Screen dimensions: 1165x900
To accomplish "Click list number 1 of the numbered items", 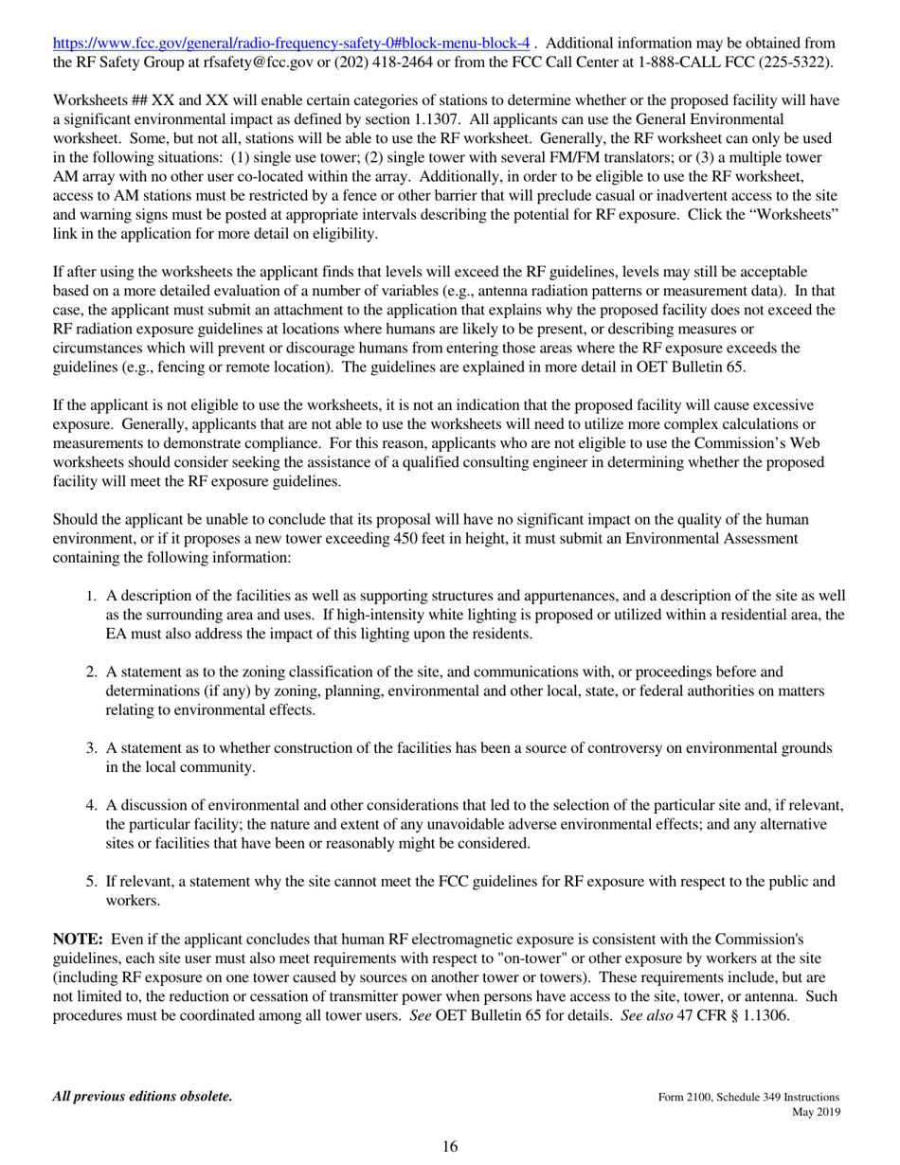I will (x=91, y=597).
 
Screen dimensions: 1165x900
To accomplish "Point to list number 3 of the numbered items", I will (x=91, y=749).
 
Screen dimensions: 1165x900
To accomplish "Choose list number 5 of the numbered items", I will (x=91, y=882).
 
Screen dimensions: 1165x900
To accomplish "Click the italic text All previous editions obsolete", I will (x=142, y=1097).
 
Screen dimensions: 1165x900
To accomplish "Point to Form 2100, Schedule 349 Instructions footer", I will (x=748, y=1097).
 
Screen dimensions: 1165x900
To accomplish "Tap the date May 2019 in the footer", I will (x=815, y=1112).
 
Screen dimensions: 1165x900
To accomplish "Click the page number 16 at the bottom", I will (x=450, y=1147).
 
